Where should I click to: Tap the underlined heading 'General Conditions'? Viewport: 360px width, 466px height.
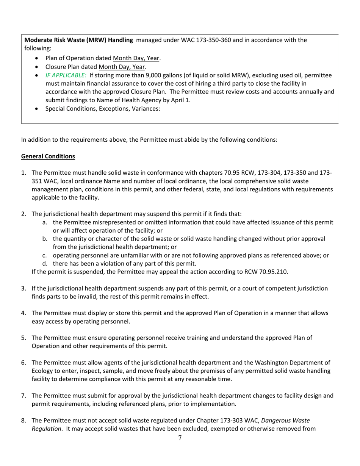pyautogui.click(x=48, y=156)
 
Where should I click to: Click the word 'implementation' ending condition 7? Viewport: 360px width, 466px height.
pyautogui.click(x=216, y=404)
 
